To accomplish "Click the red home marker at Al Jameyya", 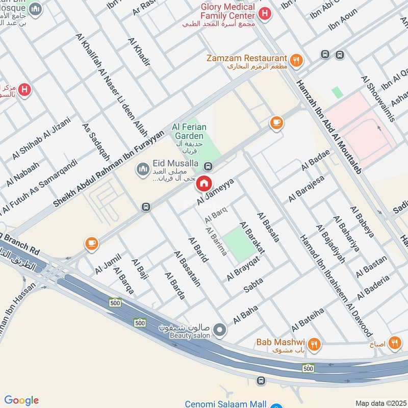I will [x=204, y=183].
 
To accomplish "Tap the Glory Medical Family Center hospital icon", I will [x=264, y=14].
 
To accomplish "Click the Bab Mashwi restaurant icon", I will [x=315, y=345].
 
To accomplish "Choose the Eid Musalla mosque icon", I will [x=142, y=168].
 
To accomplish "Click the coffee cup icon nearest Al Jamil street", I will [x=91, y=244].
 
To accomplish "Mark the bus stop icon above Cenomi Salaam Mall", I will [x=261, y=380].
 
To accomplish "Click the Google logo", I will [x=21, y=400].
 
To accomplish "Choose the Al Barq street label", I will [x=216, y=214].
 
